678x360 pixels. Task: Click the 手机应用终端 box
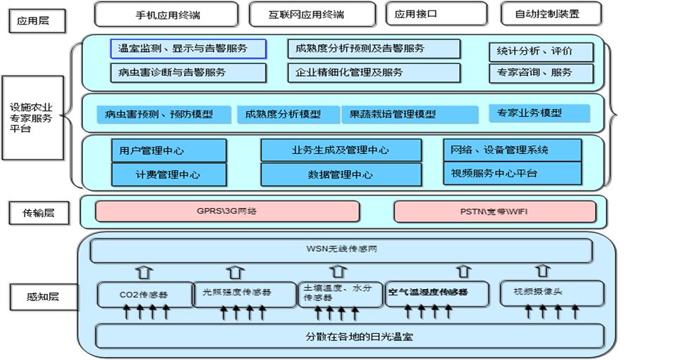(167, 14)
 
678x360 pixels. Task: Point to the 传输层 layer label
(39, 212)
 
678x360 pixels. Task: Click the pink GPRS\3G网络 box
(227, 211)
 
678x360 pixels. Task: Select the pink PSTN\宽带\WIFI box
(494, 211)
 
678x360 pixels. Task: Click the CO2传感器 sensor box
(145, 294)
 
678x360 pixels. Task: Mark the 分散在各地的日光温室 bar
(350, 336)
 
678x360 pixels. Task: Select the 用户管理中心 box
(169, 150)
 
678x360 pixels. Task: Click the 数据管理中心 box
(340, 174)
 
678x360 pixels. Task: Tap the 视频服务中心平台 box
(512, 173)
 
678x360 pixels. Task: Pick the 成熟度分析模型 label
(283, 114)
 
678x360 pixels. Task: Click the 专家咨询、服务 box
(541, 72)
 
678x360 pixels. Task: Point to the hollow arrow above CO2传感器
(144, 271)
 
